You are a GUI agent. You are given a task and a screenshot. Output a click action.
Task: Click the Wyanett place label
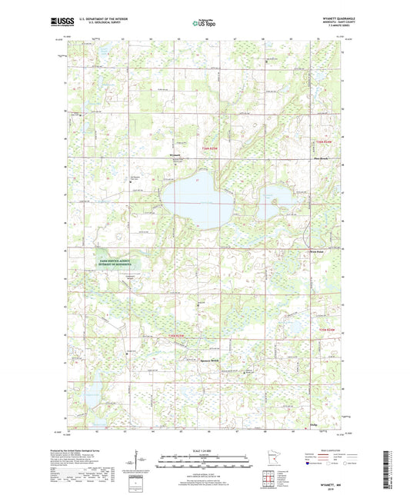point(174,156)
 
